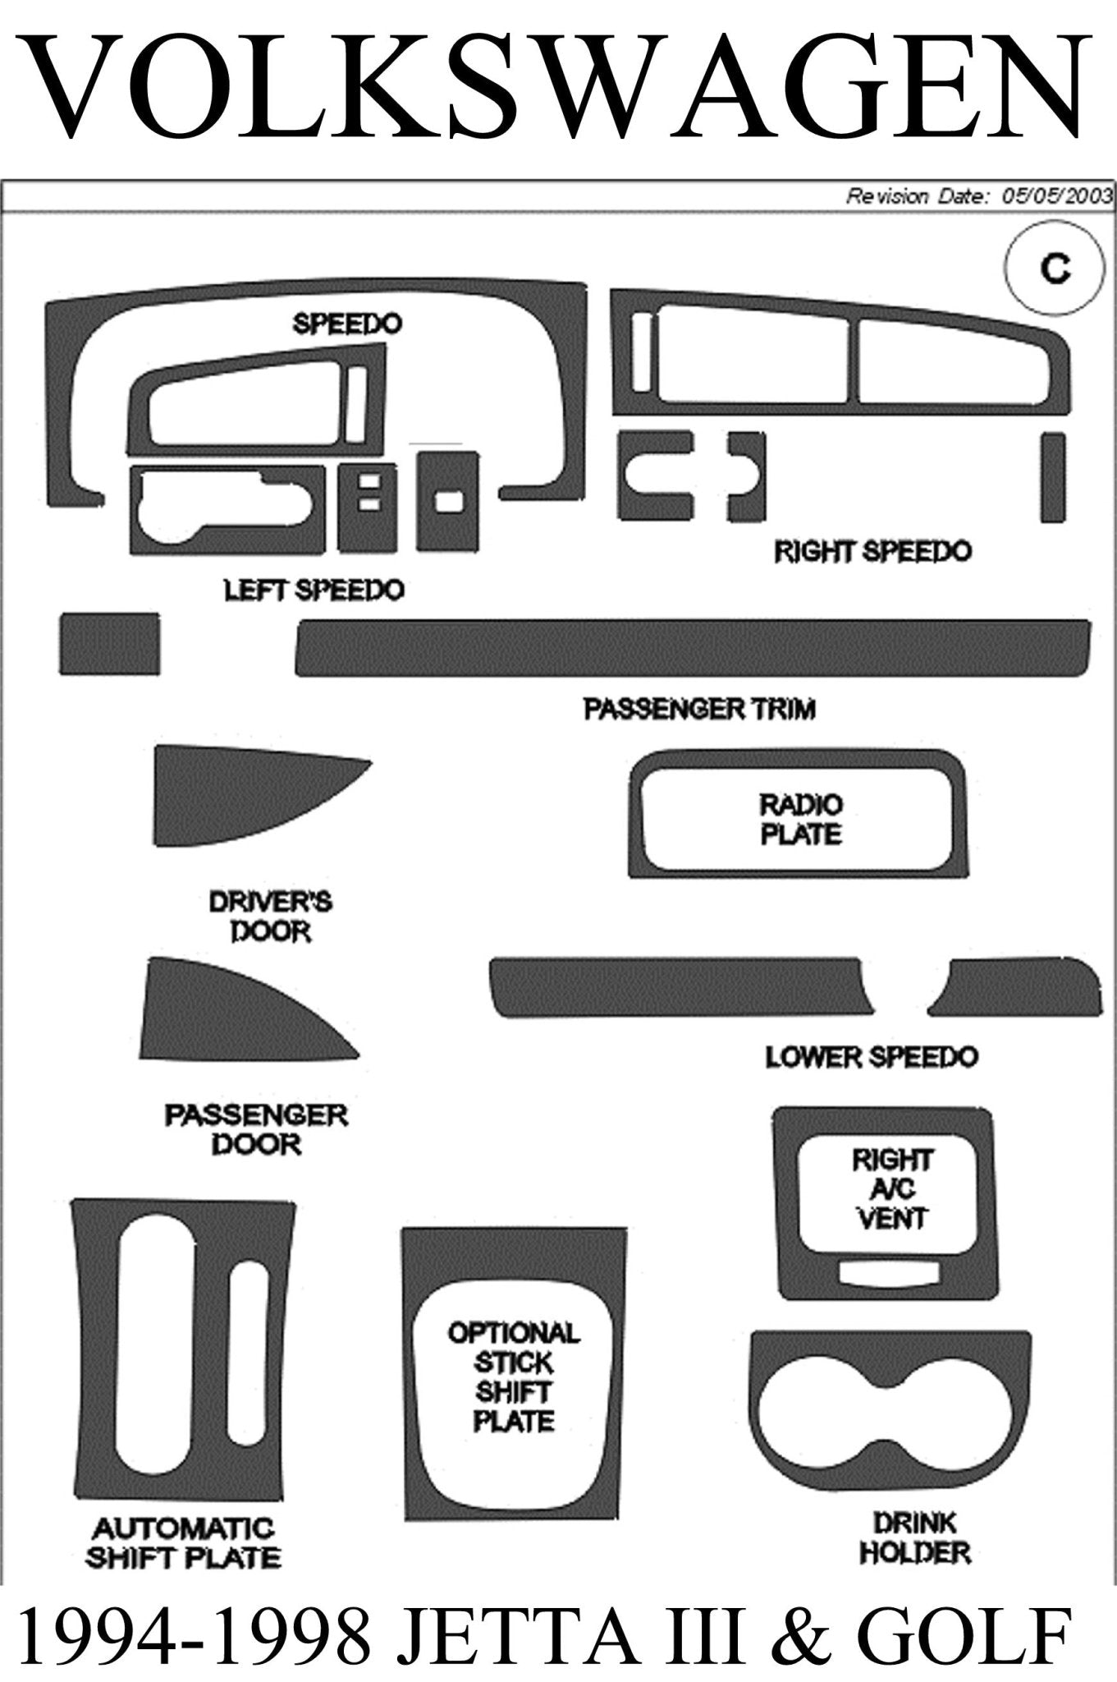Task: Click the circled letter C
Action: [x=1054, y=268]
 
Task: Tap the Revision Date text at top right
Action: [x=979, y=195]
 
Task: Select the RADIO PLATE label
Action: [x=800, y=820]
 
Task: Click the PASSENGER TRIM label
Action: [x=699, y=709]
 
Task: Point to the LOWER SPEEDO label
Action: [x=872, y=1056]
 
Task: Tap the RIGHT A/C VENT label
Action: [x=892, y=1188]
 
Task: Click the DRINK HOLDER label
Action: [x=913, y=1537]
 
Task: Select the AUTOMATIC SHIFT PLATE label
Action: [x=183, y=1542]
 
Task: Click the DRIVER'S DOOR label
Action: [x=270, y=917]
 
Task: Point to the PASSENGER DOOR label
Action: [x=256, y=1129]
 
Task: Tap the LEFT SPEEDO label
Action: [x=314, y=590]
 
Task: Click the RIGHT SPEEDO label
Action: [x=872, y=551]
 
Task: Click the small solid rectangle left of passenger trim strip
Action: [x=110, y=644]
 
